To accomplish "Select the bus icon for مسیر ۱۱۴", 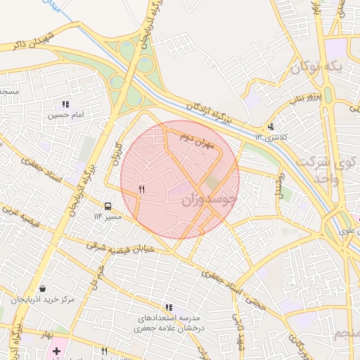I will tap(108, 206).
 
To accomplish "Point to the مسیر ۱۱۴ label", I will tap(108, 217).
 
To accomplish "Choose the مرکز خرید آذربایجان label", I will tap(44, 300).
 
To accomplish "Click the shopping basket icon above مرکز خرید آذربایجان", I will tap(43, 288).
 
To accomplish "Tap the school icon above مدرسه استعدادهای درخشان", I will tap(168, 307).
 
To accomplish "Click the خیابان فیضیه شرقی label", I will tap(116, 250).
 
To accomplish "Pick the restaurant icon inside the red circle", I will tap(142, 189).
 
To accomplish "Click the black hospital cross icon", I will tap(56, 351).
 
